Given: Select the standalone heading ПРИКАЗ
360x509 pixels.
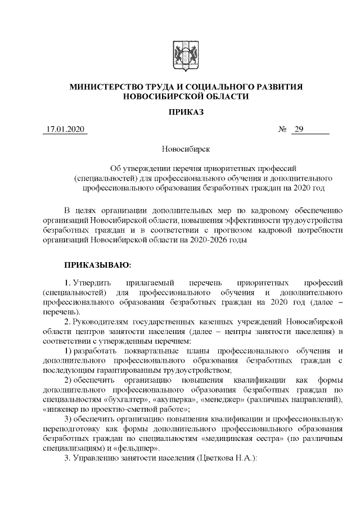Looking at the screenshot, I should point(186,112).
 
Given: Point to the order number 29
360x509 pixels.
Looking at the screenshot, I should point(299,130).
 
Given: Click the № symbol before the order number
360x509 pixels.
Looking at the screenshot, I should point(283,130).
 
